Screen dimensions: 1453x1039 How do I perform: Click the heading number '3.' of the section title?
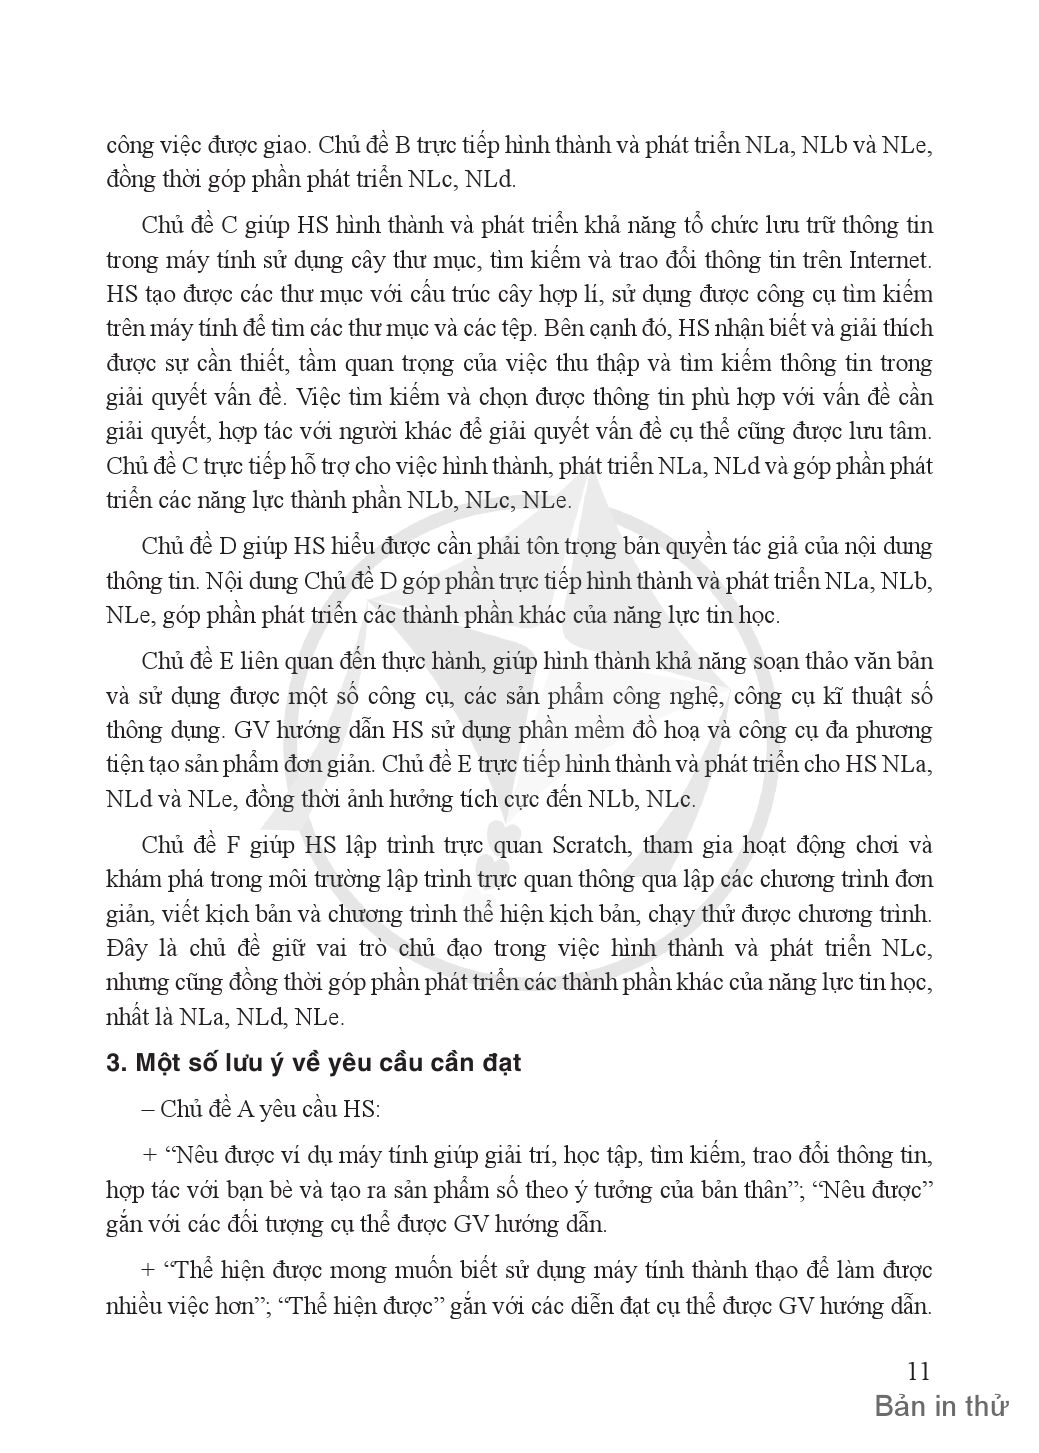pyautogui.click(x=115, y=1063)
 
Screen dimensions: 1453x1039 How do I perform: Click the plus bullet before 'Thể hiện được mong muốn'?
pyautogui.click(x=150, y=1270)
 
